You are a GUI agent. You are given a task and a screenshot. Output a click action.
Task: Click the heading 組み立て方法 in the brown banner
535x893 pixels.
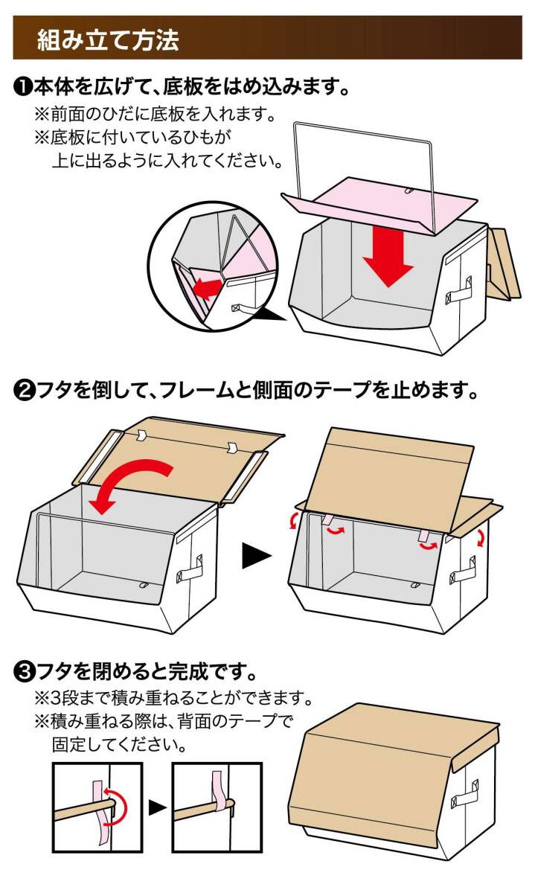click(x=108, y=39)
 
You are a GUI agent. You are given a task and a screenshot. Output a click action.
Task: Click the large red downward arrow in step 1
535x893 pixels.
click(x=388, y=259)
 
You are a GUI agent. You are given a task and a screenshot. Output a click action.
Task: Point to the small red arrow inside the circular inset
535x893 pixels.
click(x=208, y=289)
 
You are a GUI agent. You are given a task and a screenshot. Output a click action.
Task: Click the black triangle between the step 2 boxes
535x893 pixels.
click(x=257, y=556)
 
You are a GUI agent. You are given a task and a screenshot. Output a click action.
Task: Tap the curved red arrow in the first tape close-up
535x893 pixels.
click(x=116, y=807)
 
